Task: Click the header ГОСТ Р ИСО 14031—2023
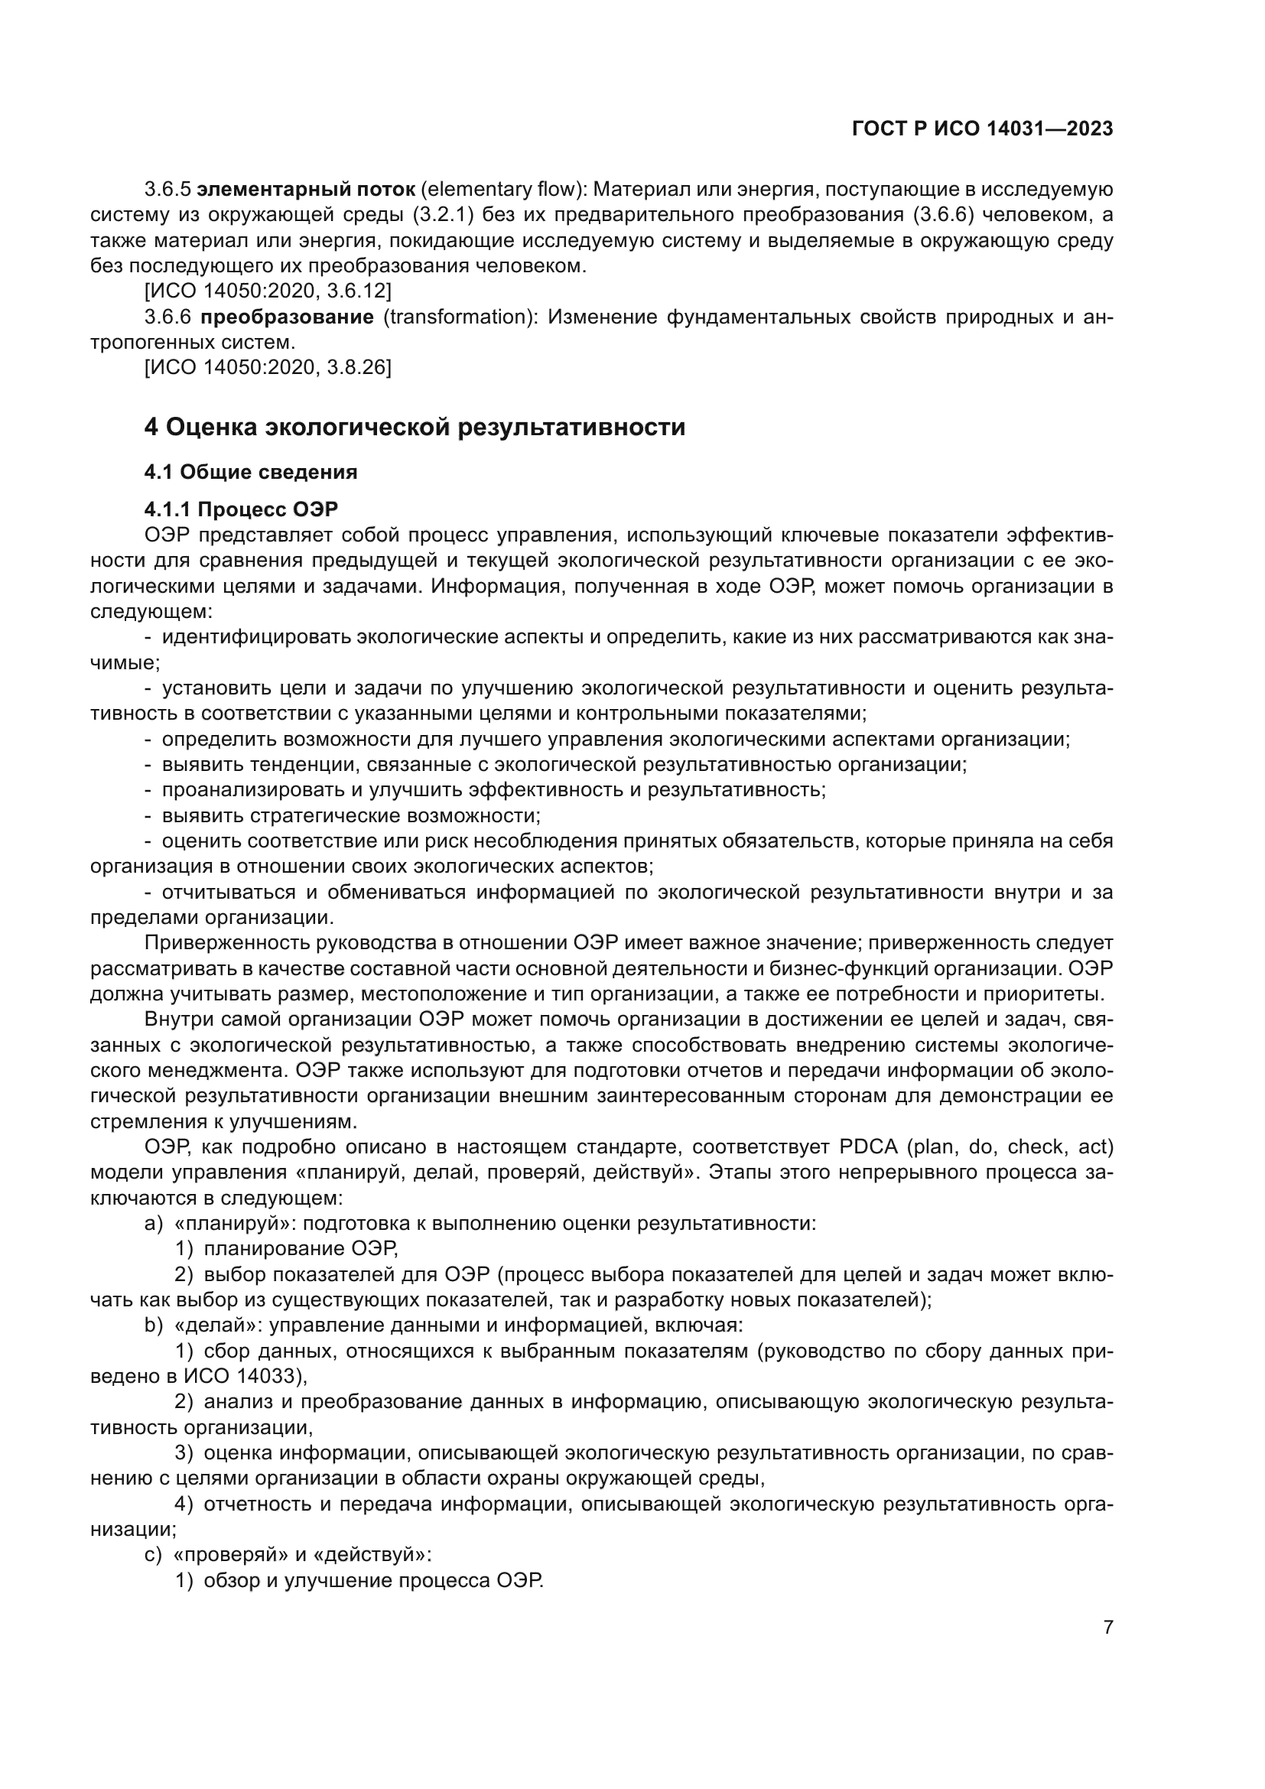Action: [982, 129]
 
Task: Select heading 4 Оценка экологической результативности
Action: [415, 427]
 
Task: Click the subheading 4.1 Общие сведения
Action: [250, 471]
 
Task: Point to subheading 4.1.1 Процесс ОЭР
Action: [241, 509]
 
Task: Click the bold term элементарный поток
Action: [305, 190]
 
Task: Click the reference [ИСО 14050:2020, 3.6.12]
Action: [267, 291]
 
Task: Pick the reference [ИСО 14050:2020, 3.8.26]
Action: [267, 367]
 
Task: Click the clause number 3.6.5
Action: [167, 190]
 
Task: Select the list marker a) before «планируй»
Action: [154, 1223]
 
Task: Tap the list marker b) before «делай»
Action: [154, 1325]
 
